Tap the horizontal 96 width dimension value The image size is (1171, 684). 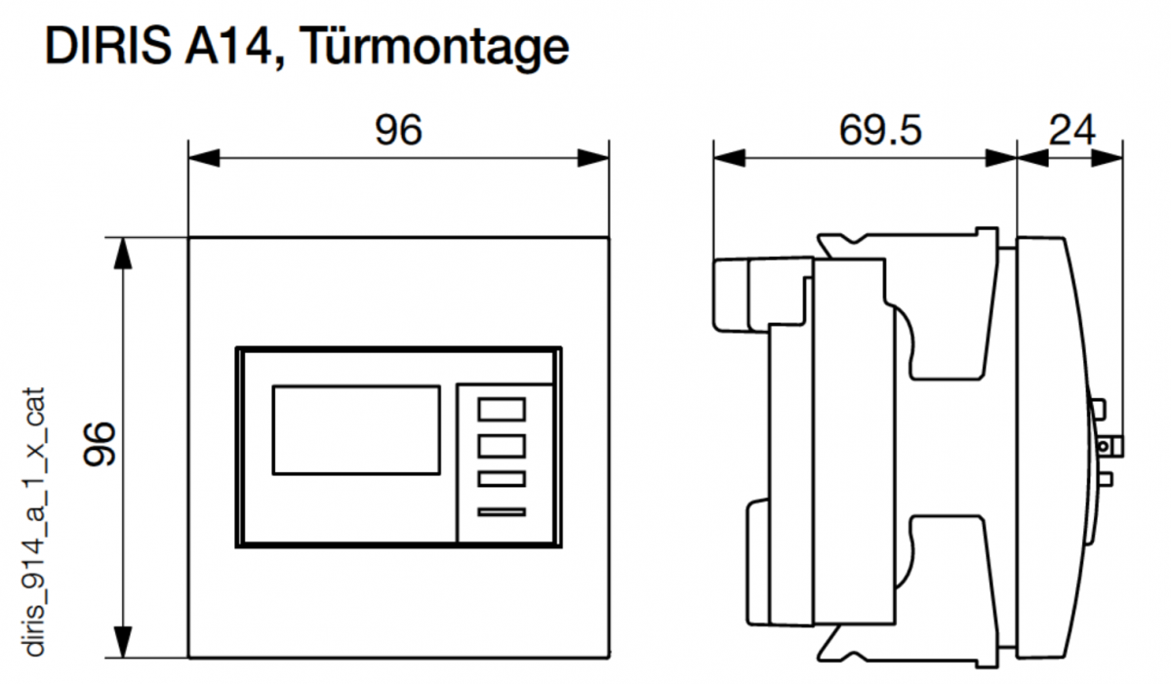[x=398, y=130]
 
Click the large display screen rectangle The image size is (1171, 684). [x=356, y=429]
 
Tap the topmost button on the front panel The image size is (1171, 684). [x=502, y=409]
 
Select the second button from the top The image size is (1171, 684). [x=502, y=445]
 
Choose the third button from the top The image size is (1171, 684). [x=502, y=479]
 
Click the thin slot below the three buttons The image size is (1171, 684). [x=502, y=511]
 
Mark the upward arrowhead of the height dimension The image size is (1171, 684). [x=122, y=253]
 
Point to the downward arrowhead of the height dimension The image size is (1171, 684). [x=122, y=641]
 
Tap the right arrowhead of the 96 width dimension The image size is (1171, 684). [x=593, y=157]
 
